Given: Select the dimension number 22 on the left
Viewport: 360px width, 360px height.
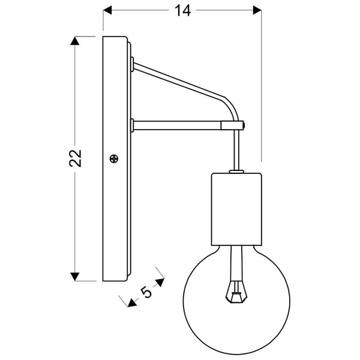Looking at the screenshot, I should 75,158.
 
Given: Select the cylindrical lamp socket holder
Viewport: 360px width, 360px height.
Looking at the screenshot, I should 236,208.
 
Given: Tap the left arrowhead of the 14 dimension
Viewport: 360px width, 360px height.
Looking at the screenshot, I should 108,10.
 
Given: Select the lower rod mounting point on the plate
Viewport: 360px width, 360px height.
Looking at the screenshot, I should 131,125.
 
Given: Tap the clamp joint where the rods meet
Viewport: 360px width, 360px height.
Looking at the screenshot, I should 235,125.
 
